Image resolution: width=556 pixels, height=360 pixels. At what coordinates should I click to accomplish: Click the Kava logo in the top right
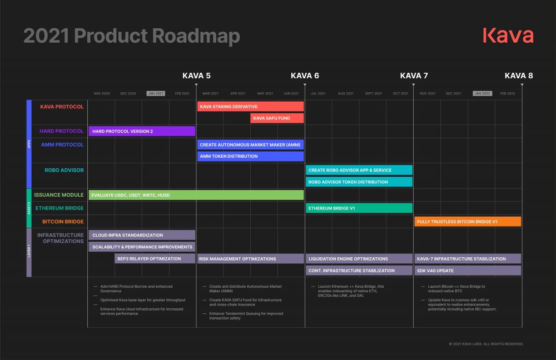(508, 36)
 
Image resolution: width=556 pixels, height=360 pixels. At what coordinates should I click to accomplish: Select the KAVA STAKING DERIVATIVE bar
(250, 106)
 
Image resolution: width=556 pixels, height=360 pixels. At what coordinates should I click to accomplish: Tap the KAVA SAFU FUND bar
(277, 118)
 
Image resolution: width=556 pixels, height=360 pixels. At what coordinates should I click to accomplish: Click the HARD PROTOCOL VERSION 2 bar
(142, 131)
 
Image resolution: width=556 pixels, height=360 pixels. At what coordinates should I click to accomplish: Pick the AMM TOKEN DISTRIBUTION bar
(250, 156)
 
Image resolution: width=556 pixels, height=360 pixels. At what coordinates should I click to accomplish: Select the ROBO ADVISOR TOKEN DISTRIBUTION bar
(359, 182)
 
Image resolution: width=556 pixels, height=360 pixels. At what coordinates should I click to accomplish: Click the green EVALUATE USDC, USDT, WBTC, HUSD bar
(196, 194)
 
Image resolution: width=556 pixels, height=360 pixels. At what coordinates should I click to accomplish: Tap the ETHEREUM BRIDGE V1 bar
(359, 208)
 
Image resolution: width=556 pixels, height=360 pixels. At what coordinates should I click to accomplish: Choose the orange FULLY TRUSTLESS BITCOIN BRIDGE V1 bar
(468, 221)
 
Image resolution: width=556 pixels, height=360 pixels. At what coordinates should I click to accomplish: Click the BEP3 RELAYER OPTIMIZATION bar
(155, 258)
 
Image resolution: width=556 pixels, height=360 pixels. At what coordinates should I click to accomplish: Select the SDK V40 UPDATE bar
(468, 271)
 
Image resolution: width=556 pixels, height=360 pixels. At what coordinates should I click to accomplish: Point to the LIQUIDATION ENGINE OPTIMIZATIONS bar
(359, 258)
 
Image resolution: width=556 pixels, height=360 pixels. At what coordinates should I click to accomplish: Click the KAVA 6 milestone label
(305, 76)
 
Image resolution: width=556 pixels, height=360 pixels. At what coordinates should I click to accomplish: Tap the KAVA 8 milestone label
(519, 76)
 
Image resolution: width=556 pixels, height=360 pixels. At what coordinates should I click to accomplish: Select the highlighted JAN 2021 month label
(156, 93)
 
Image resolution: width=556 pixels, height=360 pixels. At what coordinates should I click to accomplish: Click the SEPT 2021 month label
(373, 93)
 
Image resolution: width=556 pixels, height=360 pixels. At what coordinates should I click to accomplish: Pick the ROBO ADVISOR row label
(64, 170)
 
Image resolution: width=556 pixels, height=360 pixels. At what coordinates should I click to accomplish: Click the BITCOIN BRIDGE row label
(63, 221)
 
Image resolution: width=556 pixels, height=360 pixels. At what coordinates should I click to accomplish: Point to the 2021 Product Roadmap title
(132, 36)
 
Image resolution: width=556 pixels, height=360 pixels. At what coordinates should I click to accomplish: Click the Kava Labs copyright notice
(486, 344)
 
